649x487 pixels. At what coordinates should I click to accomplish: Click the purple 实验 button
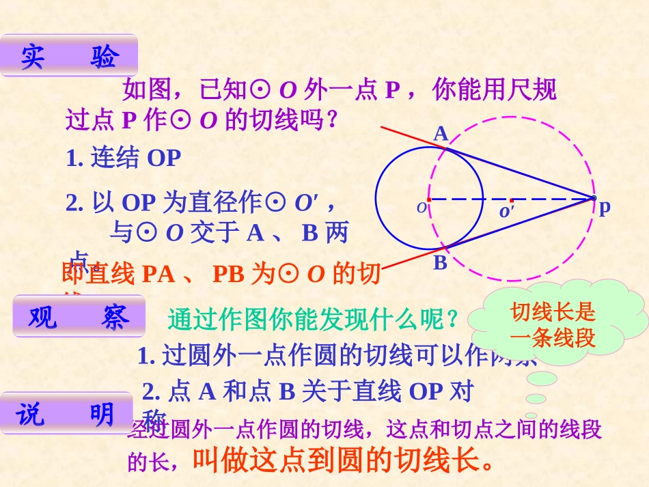(69, 56)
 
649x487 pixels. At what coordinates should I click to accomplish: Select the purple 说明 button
(66, 413)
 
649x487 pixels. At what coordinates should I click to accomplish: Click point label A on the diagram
(441, 133)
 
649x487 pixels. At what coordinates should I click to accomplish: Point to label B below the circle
(440, 263)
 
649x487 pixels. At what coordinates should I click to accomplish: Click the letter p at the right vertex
(604, 209)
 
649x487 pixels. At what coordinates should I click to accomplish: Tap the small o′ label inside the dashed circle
(506, 212)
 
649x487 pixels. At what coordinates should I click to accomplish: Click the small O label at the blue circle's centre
(421, 207)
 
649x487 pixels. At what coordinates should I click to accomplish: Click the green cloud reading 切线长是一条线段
(554, 325)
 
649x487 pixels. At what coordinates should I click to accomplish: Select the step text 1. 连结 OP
(124, 158)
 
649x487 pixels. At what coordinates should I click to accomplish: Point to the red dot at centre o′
(511, 199)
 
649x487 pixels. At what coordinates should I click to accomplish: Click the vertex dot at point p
(593, 199)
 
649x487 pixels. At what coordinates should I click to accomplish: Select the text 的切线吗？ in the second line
(281, 120)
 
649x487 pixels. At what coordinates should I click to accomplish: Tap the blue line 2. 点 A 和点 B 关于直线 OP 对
(307, 391)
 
